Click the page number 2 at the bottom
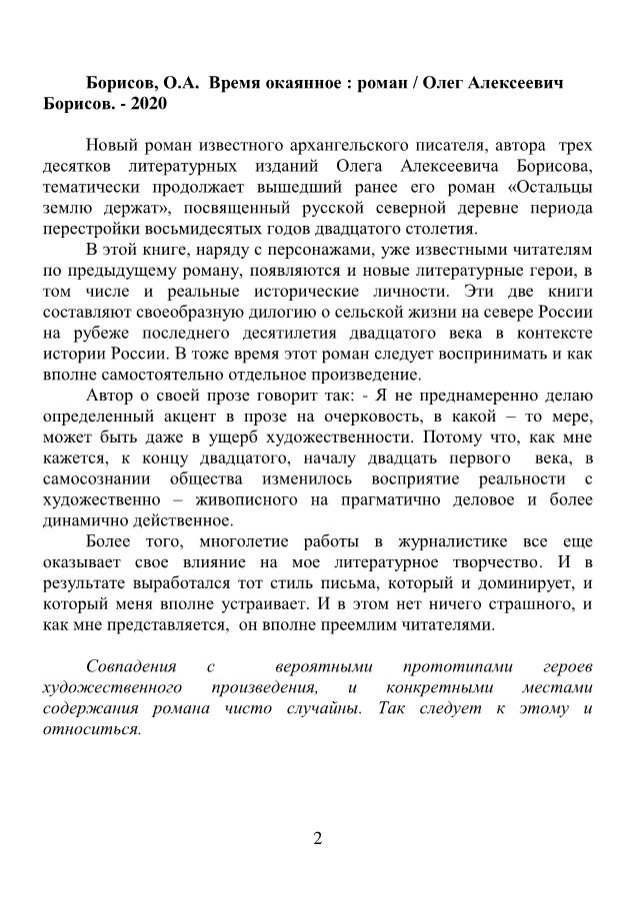(x=317, y=838)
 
